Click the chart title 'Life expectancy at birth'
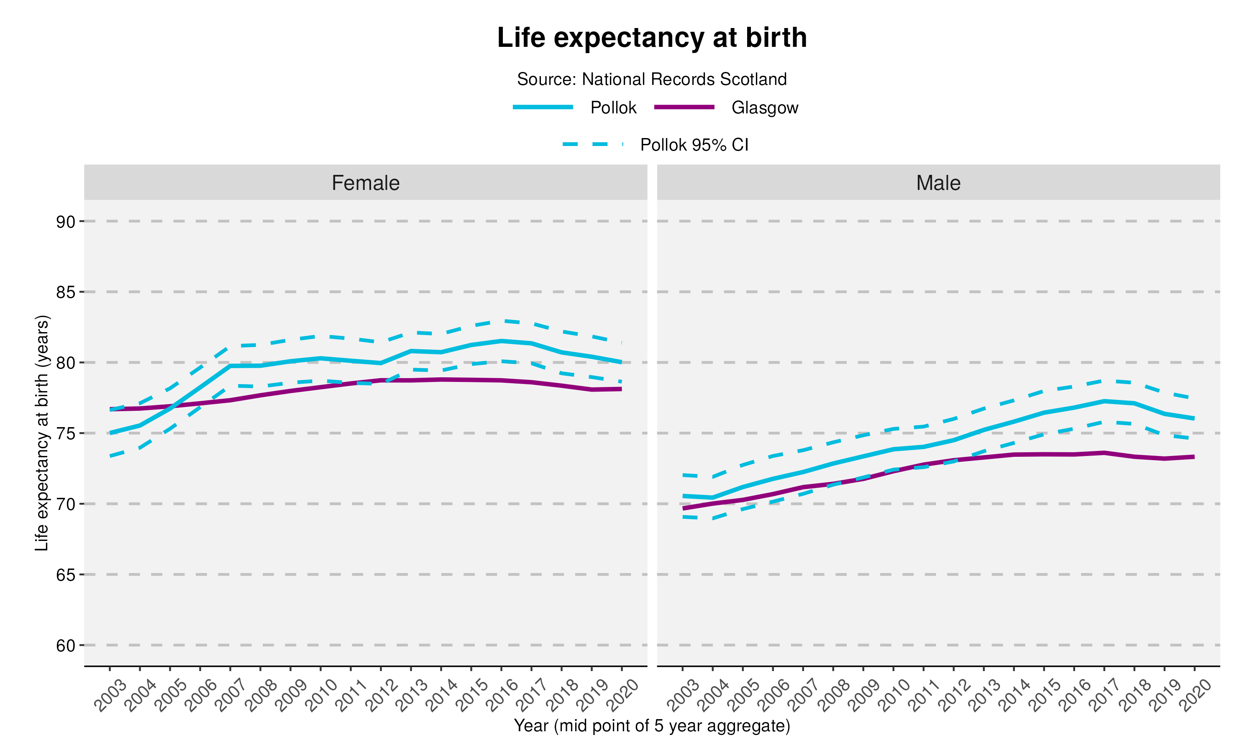point(651,38)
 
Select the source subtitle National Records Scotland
point(651,79)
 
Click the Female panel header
point(365,183)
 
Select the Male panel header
point(937,183)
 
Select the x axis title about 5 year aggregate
point(651,726)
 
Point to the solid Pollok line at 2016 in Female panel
point(501,341)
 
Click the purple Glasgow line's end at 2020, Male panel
point(1194,457)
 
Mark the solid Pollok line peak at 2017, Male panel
point(1104,401)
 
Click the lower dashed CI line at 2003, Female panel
point(110,456)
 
